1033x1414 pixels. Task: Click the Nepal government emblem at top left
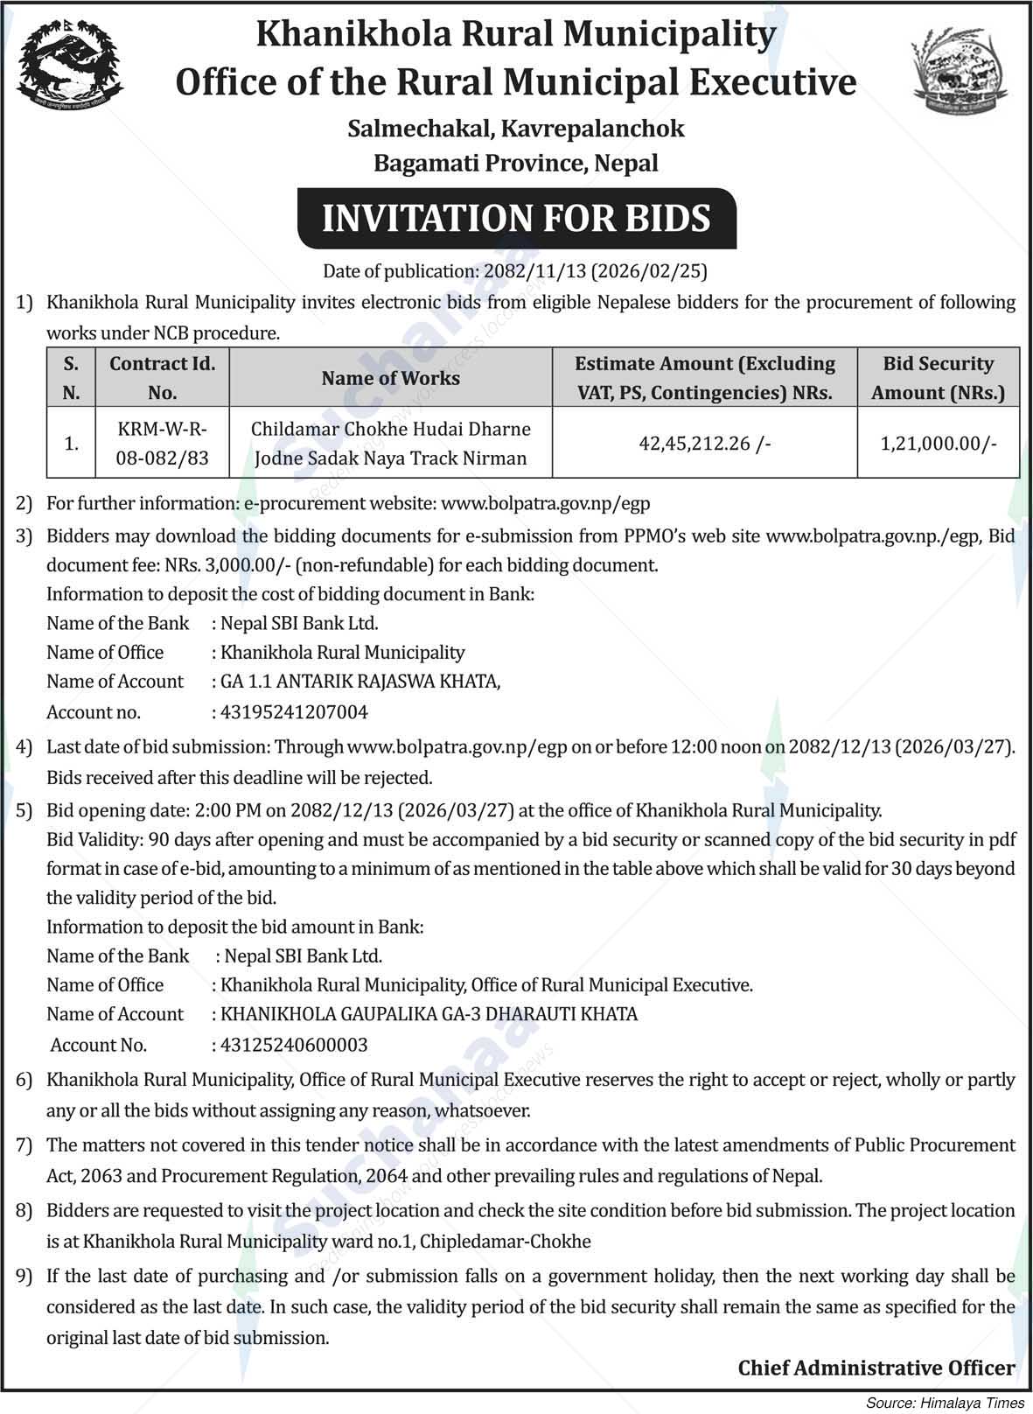[x=70, y=65]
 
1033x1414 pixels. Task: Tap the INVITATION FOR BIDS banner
[x=516, y=218]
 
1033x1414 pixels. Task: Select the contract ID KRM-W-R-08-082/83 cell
[x=162, y=443]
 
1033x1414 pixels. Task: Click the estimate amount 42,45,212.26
[x=704, y=444]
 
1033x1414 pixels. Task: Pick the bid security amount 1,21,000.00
[x=938, y=444]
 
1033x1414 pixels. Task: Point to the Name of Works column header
[x=390, y=378]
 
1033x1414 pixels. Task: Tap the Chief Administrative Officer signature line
[x=876, y=1368]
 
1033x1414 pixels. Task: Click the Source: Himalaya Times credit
[x=946, y=1402]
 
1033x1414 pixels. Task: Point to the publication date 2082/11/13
[x=532, y=271]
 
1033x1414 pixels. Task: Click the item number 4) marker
[x=24, y=747]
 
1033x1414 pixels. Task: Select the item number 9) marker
[x=24, y=1277]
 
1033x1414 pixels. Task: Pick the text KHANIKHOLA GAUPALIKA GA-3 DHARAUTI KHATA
[x=429, y=1014]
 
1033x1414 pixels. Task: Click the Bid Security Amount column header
[x=938, y=378]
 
